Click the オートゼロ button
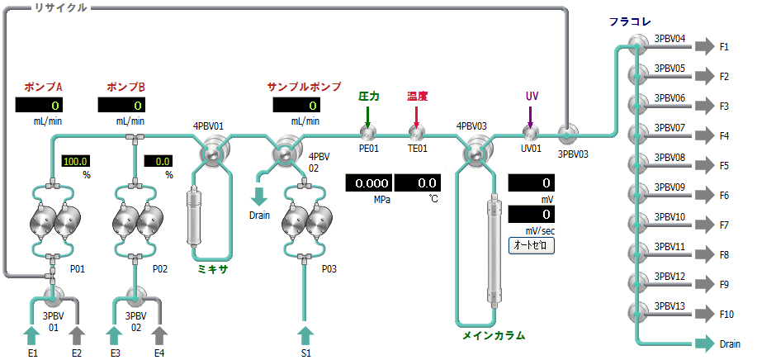pos(532,245)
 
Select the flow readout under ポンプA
pos(39,105)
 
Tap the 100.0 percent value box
pos(76,161)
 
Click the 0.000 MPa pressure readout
pos(369,183)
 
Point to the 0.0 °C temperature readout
pos(418,183)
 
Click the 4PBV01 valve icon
pos(211,153)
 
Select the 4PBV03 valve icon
pos(475,153)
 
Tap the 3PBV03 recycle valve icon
pos(567,133)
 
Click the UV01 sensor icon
pos(530,132)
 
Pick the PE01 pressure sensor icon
pos(367,132)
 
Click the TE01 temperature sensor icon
pos(416,132)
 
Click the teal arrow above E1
pos(32,335)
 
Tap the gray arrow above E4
pos(159,335)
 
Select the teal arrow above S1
pos(305,335)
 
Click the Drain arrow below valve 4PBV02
pos(260,196)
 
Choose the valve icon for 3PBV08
pos(636,165)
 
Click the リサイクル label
pos(61,7)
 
